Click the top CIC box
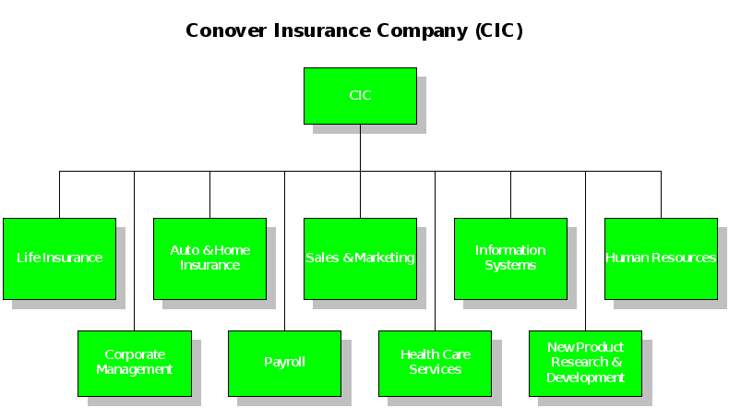(x=360, y=96)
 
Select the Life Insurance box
(x=59, y=258)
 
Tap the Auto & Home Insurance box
(x=209, y=258)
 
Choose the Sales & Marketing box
(x=360, y=258)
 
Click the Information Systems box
(x=510, y=258)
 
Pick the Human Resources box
(x=661, y=258)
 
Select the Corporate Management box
(x=135, y=363)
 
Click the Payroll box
(x=284, y=363)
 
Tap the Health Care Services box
(x=435, y=363)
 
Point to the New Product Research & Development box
(x=585, y=363)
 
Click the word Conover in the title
(x=226, y=30)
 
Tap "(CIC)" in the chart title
(x=499, y=30)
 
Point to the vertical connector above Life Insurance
(x=59, y=194)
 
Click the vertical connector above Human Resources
(x=661, y=194)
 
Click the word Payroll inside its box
(x=284, y=363)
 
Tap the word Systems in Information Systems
(x=510, y=266)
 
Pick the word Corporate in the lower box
(x=135, y=355)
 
